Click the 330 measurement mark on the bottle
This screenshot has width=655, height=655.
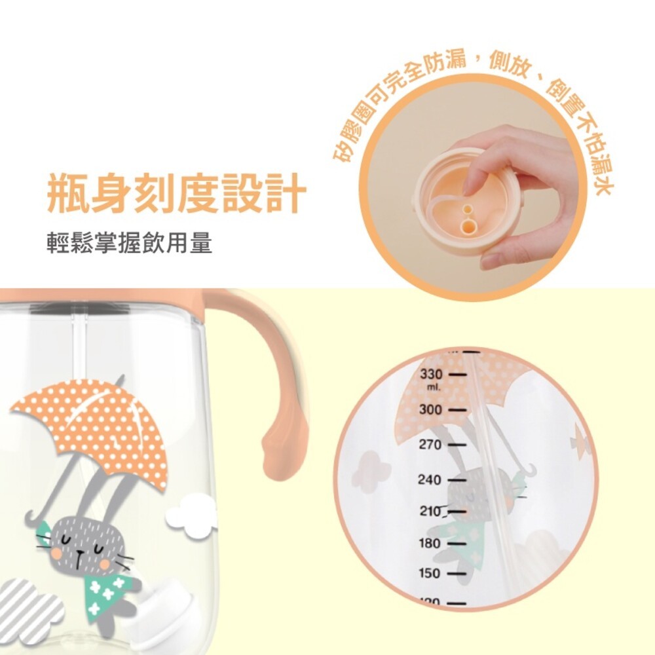(x=432, y=374)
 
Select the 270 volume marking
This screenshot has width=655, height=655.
(x=431, y=445)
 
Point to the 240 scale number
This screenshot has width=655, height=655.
(x=430, y=479)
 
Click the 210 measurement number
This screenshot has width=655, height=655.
(x=430, y=512)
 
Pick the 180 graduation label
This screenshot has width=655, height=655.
(x=430, y=543)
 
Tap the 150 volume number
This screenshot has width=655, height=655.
(x=430, y=573)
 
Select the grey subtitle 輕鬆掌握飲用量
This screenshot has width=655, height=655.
(x=130, y=244)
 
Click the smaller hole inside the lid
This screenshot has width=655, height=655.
(x=467, y=209)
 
